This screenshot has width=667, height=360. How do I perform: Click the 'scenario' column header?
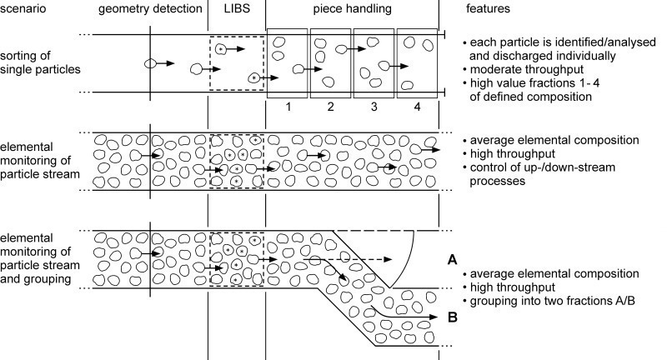[25, 10]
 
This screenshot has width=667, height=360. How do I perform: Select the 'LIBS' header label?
[236, 10]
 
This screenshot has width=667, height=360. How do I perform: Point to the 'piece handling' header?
[354, 10]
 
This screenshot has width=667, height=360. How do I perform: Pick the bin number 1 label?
[287, 108]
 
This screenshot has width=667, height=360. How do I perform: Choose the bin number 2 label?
[331, 108]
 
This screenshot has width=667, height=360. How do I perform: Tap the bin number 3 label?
[374, 108]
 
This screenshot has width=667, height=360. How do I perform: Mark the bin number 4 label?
[418, 108]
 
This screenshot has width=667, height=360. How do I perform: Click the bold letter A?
[452, 260]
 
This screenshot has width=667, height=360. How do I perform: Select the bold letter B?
[452, 317]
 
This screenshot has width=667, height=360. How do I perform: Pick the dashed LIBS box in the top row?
[236, 62]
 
